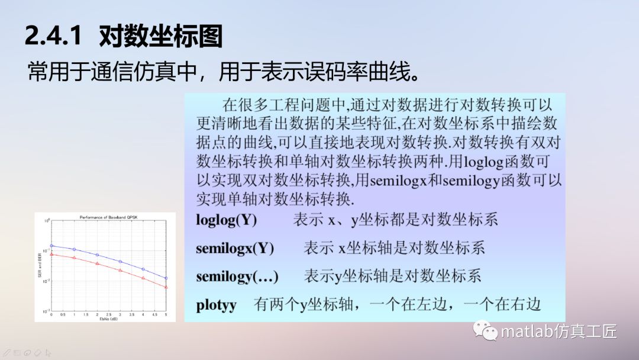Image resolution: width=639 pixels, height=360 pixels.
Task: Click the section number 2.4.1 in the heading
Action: click(x=52, y=36)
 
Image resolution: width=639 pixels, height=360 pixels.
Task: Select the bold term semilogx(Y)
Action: click(x=235, y=248)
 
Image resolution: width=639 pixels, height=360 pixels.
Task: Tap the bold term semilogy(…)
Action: click(x=237, y=276)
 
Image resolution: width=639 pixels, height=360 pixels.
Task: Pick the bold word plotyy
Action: click(x=217, y=305)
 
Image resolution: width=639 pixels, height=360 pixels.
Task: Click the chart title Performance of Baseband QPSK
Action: click(x=108, y=217)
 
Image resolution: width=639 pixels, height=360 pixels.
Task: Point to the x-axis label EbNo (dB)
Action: click(x=108, y=319)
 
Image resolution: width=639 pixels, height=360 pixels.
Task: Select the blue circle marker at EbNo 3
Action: click(x=120, y=261)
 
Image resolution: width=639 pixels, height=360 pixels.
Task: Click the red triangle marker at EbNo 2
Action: click(x=97, y=263)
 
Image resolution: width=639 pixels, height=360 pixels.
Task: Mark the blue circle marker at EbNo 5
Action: click(x=166, y=278)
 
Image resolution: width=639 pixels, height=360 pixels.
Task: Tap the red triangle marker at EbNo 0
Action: click(x=51, y=255)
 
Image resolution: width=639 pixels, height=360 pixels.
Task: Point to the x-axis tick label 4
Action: click(x=143, y=314)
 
